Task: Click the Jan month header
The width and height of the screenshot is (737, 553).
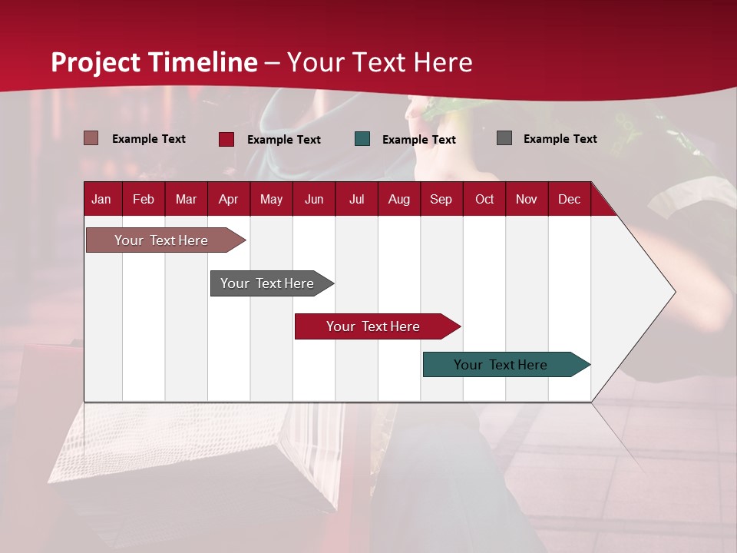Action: pyautogui.click(x=101, y=200)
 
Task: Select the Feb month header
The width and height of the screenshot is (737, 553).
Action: pyautogui.click(x=144, y=200)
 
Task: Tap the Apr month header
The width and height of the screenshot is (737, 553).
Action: pyautogui.click(x=228, y=200)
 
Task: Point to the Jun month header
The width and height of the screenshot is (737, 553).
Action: pyautogui.click(x=314, y=200)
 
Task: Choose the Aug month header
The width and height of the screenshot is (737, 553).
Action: pyautogui.click(x=398, y=200)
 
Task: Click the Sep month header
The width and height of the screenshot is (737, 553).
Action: pyautogui.click(x=441, y=200)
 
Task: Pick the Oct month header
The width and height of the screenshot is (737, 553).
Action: pyautogui.click(x=484, y=200)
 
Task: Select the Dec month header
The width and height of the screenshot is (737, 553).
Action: pyautogui.click(x=569, y=200)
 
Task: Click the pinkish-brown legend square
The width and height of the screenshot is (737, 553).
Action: pyautogui.click(x=91, y=138)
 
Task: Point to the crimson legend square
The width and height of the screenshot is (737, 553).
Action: pyautogui.click(x=226, y=139)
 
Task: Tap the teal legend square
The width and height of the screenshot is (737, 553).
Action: pyautogui.click(x=362, y=139)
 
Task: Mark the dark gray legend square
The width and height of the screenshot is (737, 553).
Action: pyautogui.click(x=504, y=138)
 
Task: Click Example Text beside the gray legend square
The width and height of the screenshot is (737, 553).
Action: pyautogui.click(x=560, y=139)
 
